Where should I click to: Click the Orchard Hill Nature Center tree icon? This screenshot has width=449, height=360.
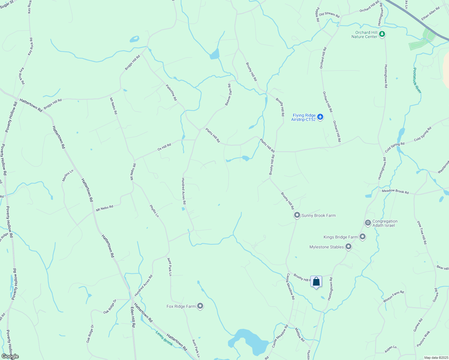382,34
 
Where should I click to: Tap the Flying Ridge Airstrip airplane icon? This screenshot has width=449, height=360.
320,117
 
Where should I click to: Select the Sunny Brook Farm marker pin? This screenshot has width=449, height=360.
297,215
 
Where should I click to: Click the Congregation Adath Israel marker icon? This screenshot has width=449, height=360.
368,223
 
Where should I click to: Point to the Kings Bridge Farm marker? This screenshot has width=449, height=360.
363,237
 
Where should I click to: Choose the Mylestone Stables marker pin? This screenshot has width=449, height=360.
348,247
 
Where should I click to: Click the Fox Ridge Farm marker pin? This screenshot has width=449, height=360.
200,306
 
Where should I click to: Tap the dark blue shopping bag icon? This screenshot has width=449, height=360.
316,282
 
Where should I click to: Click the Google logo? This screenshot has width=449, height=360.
10,356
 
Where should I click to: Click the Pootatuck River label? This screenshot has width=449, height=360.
417,80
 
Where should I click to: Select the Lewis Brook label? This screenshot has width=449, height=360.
164,338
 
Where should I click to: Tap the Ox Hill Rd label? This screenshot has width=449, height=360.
164,147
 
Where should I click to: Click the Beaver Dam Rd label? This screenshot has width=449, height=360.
228,94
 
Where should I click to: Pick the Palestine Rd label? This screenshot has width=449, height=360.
171,92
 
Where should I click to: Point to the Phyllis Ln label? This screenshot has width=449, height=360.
154,211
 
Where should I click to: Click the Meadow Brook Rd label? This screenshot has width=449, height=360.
395,191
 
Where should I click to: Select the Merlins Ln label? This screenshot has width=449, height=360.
68,175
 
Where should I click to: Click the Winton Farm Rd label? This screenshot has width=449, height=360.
393,296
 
